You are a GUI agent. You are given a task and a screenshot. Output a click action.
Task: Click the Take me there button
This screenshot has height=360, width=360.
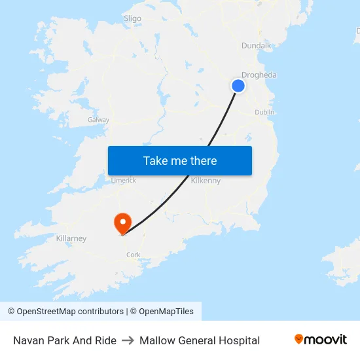click(180, 160)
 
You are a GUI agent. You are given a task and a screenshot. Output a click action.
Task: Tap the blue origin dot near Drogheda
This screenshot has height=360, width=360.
click(238, 86)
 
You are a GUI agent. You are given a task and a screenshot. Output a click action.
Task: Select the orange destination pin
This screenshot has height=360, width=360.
click(122, 223)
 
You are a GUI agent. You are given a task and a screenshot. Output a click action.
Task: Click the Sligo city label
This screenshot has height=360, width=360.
click(132, 18)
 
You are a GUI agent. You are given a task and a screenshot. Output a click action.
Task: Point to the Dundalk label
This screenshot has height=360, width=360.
click(256, 45)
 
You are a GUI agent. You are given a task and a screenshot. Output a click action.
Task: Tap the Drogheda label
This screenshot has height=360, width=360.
click(259, 75)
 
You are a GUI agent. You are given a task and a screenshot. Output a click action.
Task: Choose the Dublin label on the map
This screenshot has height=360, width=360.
click(264, 112)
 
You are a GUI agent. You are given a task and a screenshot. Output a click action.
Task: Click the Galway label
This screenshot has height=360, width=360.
click(98, 120)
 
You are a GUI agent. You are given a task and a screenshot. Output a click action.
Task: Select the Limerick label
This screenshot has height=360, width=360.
click(123, 180)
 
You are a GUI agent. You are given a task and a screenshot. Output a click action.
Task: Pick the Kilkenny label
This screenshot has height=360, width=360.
click(206, 181)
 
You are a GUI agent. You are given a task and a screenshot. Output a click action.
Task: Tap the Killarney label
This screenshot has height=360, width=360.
click(71, 238)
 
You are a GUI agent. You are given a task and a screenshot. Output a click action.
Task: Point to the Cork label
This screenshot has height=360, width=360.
click(134, 255)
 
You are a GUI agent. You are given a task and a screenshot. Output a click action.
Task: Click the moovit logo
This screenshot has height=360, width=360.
click(321, 339)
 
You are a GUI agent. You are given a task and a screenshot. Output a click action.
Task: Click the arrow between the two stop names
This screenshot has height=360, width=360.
click(128, 340)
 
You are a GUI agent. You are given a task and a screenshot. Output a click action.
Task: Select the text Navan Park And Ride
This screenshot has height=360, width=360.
click(65, 340)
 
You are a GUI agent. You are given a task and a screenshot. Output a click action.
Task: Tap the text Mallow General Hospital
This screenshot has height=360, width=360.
click(200, 340)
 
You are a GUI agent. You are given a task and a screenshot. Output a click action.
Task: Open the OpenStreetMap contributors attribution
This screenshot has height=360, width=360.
click(70, 312)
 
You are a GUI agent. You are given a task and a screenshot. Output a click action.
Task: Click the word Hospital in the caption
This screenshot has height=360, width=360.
click(239, 340)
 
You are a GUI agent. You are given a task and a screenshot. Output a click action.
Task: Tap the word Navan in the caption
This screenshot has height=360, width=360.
click(28, 340)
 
